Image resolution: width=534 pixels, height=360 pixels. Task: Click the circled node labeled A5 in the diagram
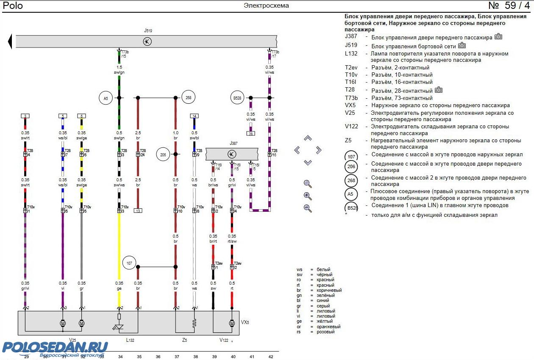click(106, 98)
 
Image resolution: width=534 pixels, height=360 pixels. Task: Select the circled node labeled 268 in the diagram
click(188, 98)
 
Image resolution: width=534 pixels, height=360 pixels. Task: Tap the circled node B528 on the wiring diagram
click(237, 98)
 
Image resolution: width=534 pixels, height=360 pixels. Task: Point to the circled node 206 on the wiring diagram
click(163, 154)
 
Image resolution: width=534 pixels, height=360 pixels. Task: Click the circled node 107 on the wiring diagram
click(129, 263)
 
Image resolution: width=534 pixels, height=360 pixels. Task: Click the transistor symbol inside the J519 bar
click(147, 42)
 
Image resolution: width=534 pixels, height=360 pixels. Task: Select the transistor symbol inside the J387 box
click(232, 154)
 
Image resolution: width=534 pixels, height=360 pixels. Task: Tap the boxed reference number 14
click(194, 116)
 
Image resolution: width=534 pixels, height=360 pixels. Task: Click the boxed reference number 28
click(251, 133)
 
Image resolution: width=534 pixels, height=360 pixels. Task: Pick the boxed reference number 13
click(138, 210)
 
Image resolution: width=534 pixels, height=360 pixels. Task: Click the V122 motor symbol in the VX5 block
click(232, 323)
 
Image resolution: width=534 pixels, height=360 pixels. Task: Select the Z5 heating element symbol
click(194, 323)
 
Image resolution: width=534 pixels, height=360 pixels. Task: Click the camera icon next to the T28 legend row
click(439, 90)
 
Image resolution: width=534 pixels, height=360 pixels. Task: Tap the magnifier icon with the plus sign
click(308, 196)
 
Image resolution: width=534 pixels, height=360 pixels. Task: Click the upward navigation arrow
click(308, 138)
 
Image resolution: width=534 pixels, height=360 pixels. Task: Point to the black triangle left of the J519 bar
click(9, 42)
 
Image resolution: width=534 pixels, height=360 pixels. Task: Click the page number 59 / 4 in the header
click(509, 6)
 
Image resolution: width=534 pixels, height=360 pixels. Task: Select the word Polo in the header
click(13, 6)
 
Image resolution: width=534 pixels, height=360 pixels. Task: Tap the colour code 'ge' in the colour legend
click(299, 321)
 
